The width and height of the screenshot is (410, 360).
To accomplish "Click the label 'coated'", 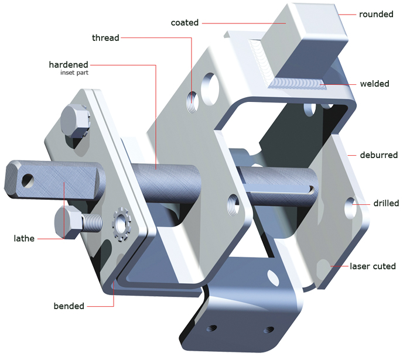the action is click(x=184, y=23).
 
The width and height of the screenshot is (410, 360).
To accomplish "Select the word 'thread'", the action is click(x=105, y=38).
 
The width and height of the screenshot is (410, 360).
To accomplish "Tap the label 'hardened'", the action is click(x=69, y=64).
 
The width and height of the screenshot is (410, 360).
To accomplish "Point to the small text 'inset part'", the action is click(x=74, y=73).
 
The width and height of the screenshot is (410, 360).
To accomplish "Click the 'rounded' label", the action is click(x=376, y=14).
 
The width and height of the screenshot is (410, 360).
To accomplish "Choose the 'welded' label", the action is click(x=374, y=84).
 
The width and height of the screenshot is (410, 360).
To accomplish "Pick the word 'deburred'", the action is click(x=379, y=155).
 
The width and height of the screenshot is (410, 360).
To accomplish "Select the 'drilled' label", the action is click(x=386, y=203).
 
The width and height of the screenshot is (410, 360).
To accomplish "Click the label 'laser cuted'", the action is click(x=373, y=266).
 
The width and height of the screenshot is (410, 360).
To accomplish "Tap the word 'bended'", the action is click(x=69, y=306).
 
